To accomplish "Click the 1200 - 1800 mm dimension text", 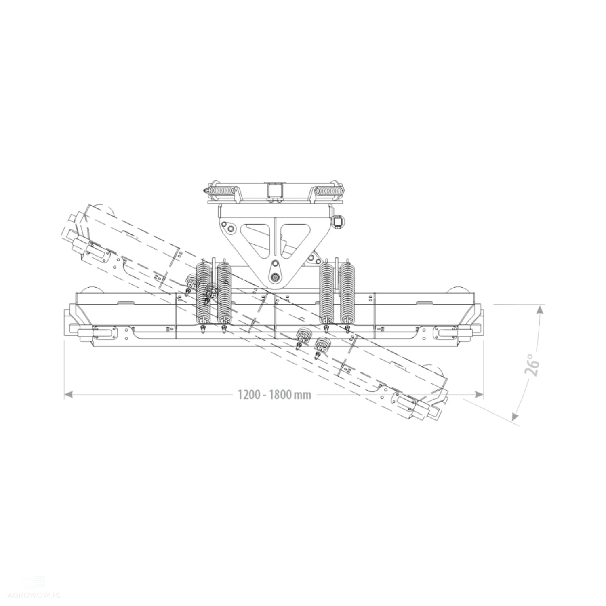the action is (x=274, y=394).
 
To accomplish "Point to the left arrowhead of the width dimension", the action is (x=68, y=394).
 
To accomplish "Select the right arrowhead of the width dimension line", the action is (x=480, y=394).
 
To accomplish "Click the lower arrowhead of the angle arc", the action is (x=516, y=416).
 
